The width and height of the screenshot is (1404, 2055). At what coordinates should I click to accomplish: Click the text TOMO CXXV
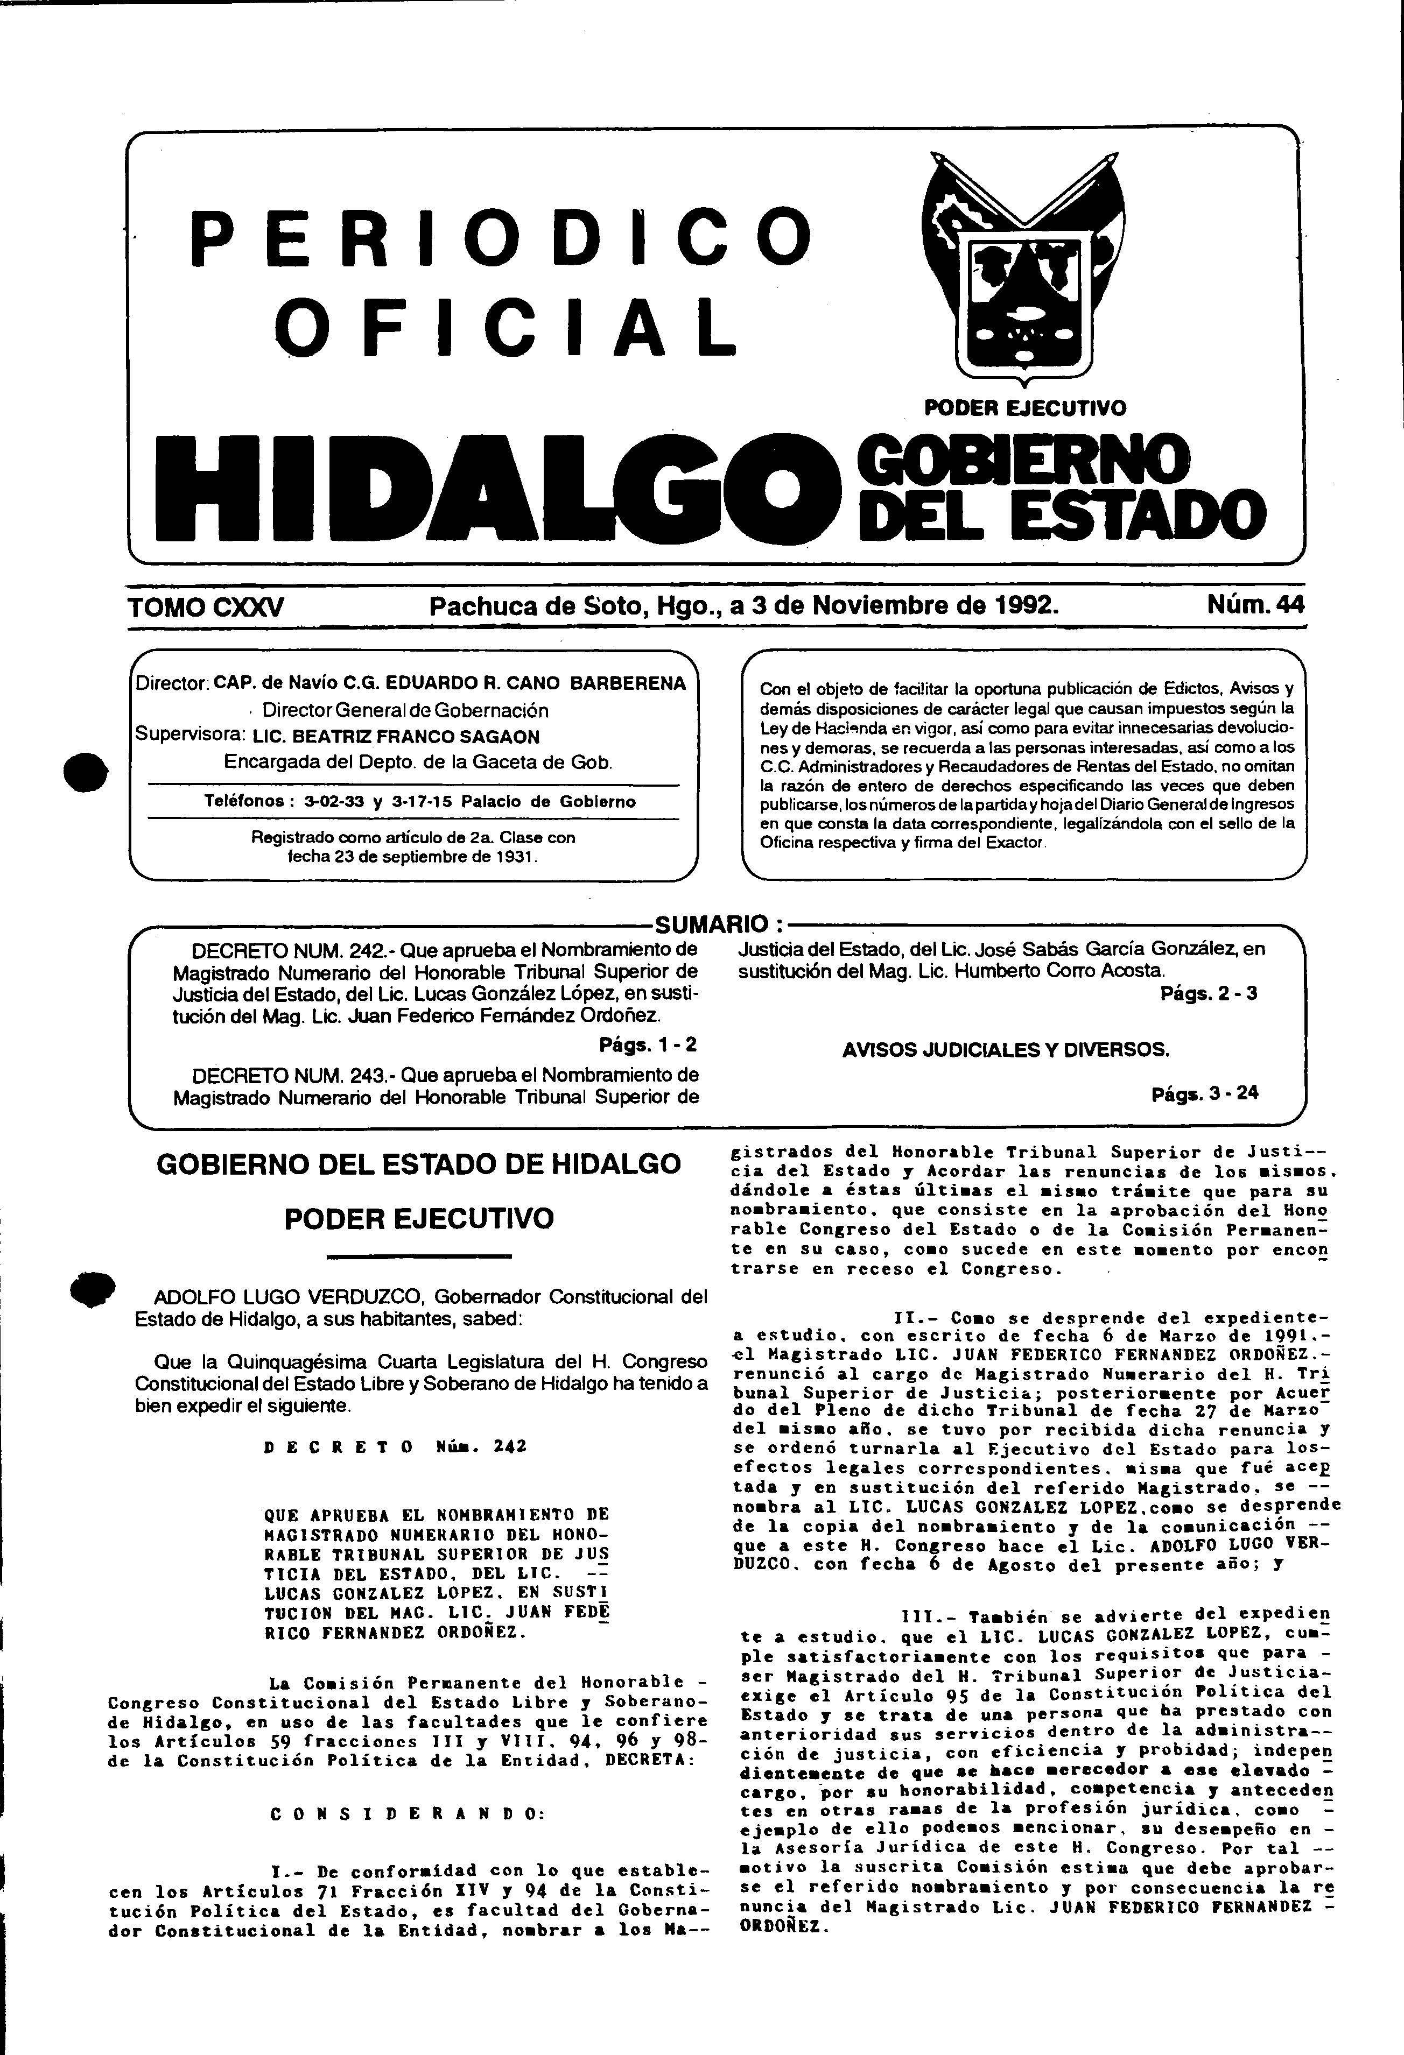click(206, 606)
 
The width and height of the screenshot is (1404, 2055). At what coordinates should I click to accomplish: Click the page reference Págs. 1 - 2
click(648, 1044)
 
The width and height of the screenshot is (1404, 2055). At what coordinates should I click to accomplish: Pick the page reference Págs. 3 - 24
click(1205, 1093)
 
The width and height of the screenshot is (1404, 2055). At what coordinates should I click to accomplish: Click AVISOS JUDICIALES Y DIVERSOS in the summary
click(1006, 1050)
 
